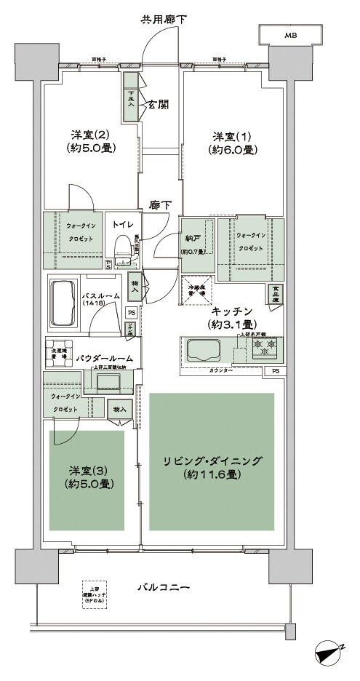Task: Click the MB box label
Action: (x=290, y=35)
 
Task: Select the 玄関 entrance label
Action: (x=159, y=104)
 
